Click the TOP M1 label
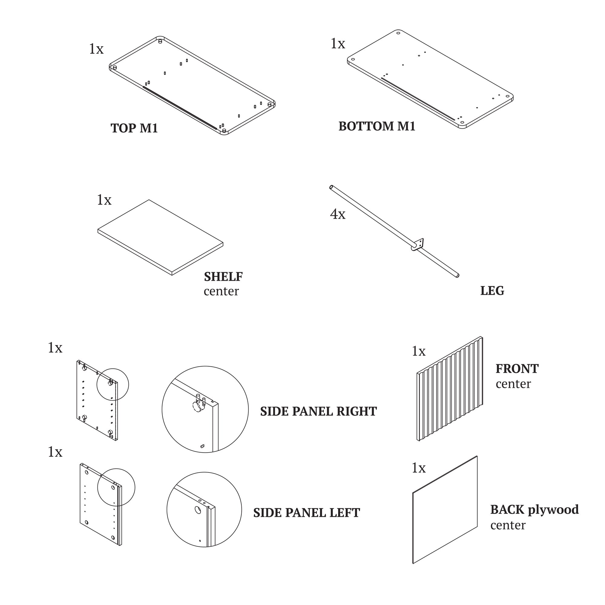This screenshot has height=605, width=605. [x=134, y=128]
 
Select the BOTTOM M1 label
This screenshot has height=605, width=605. [x=377, y=126]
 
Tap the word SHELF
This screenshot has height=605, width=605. [x=223, y=276]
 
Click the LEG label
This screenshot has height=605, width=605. [x=492, y=291]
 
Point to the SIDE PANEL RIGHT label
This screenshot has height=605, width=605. [x=318, y=411]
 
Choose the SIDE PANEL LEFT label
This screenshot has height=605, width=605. [x=306, y=513]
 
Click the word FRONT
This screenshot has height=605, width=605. [x=517, y=369]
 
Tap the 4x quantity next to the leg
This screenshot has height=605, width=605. [x=338, y=214]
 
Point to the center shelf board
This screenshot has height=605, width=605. [x=160, y=237]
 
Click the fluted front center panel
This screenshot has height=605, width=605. [x=450, y=388]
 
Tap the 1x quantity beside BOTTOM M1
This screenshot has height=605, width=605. [x=338, y=44]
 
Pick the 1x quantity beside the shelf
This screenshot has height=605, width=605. [x=104, y=200]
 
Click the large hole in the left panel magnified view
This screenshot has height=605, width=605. [x=198, y=510]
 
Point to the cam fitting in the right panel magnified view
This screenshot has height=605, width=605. [x=197, y=407]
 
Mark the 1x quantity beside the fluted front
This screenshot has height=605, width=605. [x=418, y=351]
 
